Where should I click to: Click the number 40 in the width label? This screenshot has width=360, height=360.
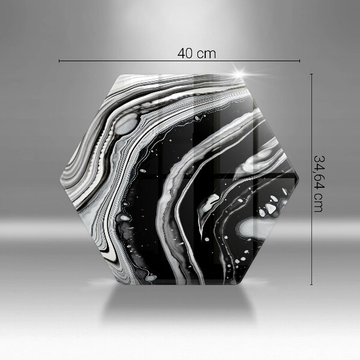[185, 53]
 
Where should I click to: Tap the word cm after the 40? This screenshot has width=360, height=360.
[207, 55]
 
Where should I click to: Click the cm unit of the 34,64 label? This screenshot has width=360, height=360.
[319, 203]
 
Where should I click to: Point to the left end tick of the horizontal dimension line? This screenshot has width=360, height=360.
[59, 61]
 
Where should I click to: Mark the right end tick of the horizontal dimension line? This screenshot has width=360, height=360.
[299, 61]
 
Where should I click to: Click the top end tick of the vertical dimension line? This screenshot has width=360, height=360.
[311, 74]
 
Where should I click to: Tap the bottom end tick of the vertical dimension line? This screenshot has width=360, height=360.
[311, 284]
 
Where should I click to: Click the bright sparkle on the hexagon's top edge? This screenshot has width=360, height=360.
[239, 74]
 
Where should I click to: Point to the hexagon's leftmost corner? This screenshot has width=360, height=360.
[60, 179]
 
